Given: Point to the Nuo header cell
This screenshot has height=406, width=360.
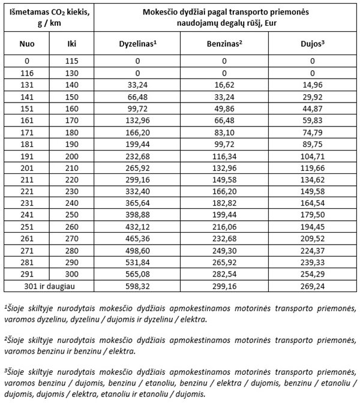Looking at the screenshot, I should click(x=27, y=44).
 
